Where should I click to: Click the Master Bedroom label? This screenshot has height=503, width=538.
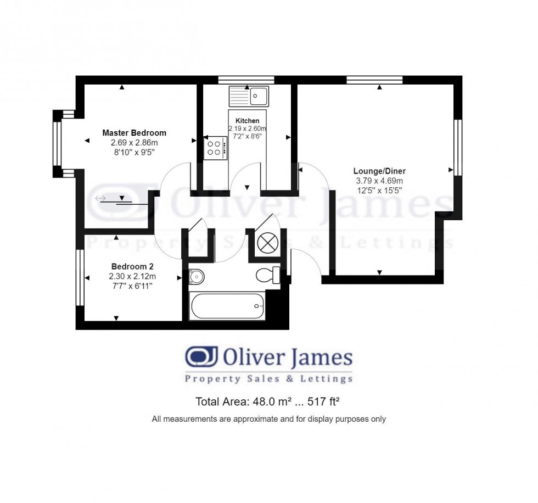click(x=134, y=133)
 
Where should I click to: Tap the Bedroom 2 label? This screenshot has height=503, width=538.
click(x=132, y=267)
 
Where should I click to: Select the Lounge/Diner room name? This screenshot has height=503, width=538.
click(x=380, y=171)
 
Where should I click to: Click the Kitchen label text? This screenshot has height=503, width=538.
click(x=247, y=121)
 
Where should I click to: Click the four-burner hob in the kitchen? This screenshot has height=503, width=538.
click(x=215, y=148)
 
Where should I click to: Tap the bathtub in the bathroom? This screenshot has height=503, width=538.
click(x=227, y=305)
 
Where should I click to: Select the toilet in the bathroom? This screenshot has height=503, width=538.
click(x=269, y=275)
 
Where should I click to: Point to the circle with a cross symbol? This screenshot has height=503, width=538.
click(x=268, y=242)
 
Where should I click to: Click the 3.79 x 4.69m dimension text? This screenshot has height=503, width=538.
click(x=379, y=181)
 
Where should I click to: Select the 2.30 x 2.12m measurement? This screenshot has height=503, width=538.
click(x=132, y=276)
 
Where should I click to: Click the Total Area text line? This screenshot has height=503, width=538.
click(x=269, y=401)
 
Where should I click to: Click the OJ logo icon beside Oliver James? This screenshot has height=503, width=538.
click(x=201, y=357)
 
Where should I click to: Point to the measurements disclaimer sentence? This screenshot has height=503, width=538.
click(x=269, y=419)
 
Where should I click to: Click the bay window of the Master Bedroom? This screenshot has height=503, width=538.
click(x=57, y=144)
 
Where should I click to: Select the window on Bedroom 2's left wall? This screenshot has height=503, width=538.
click(x=80, y=278)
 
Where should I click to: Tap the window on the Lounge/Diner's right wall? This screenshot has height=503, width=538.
click(x=456, y=147)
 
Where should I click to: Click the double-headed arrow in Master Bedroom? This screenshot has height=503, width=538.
click(x=100, y=198)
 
